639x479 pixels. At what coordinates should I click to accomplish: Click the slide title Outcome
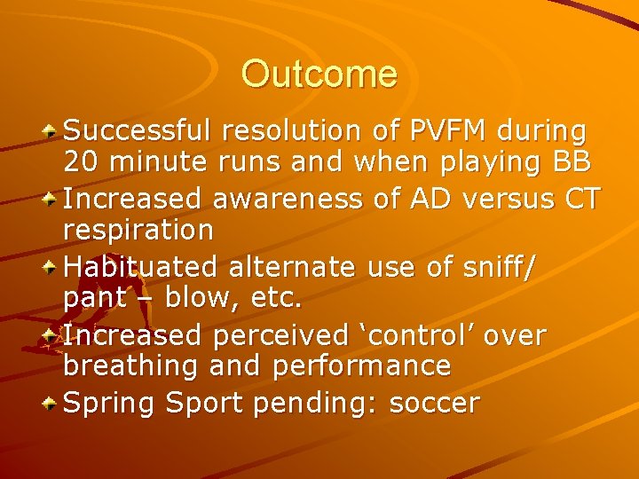(x=319, y=74)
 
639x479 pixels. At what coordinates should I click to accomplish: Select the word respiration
(x=138, y=231)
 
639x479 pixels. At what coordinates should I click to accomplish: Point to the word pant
(x=94, y=299)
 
